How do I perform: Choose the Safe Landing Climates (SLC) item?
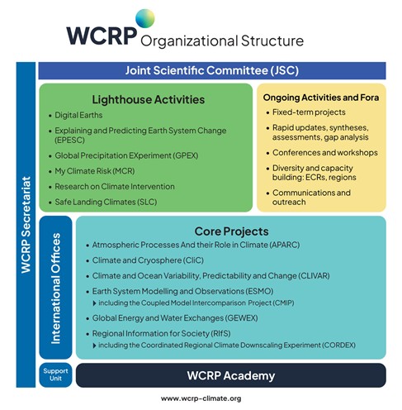(x=111, y=202)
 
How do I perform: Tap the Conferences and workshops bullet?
(x=324, y=153)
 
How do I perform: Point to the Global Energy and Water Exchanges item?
(x=180, y=317)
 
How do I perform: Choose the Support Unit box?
(x=56, y=374)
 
